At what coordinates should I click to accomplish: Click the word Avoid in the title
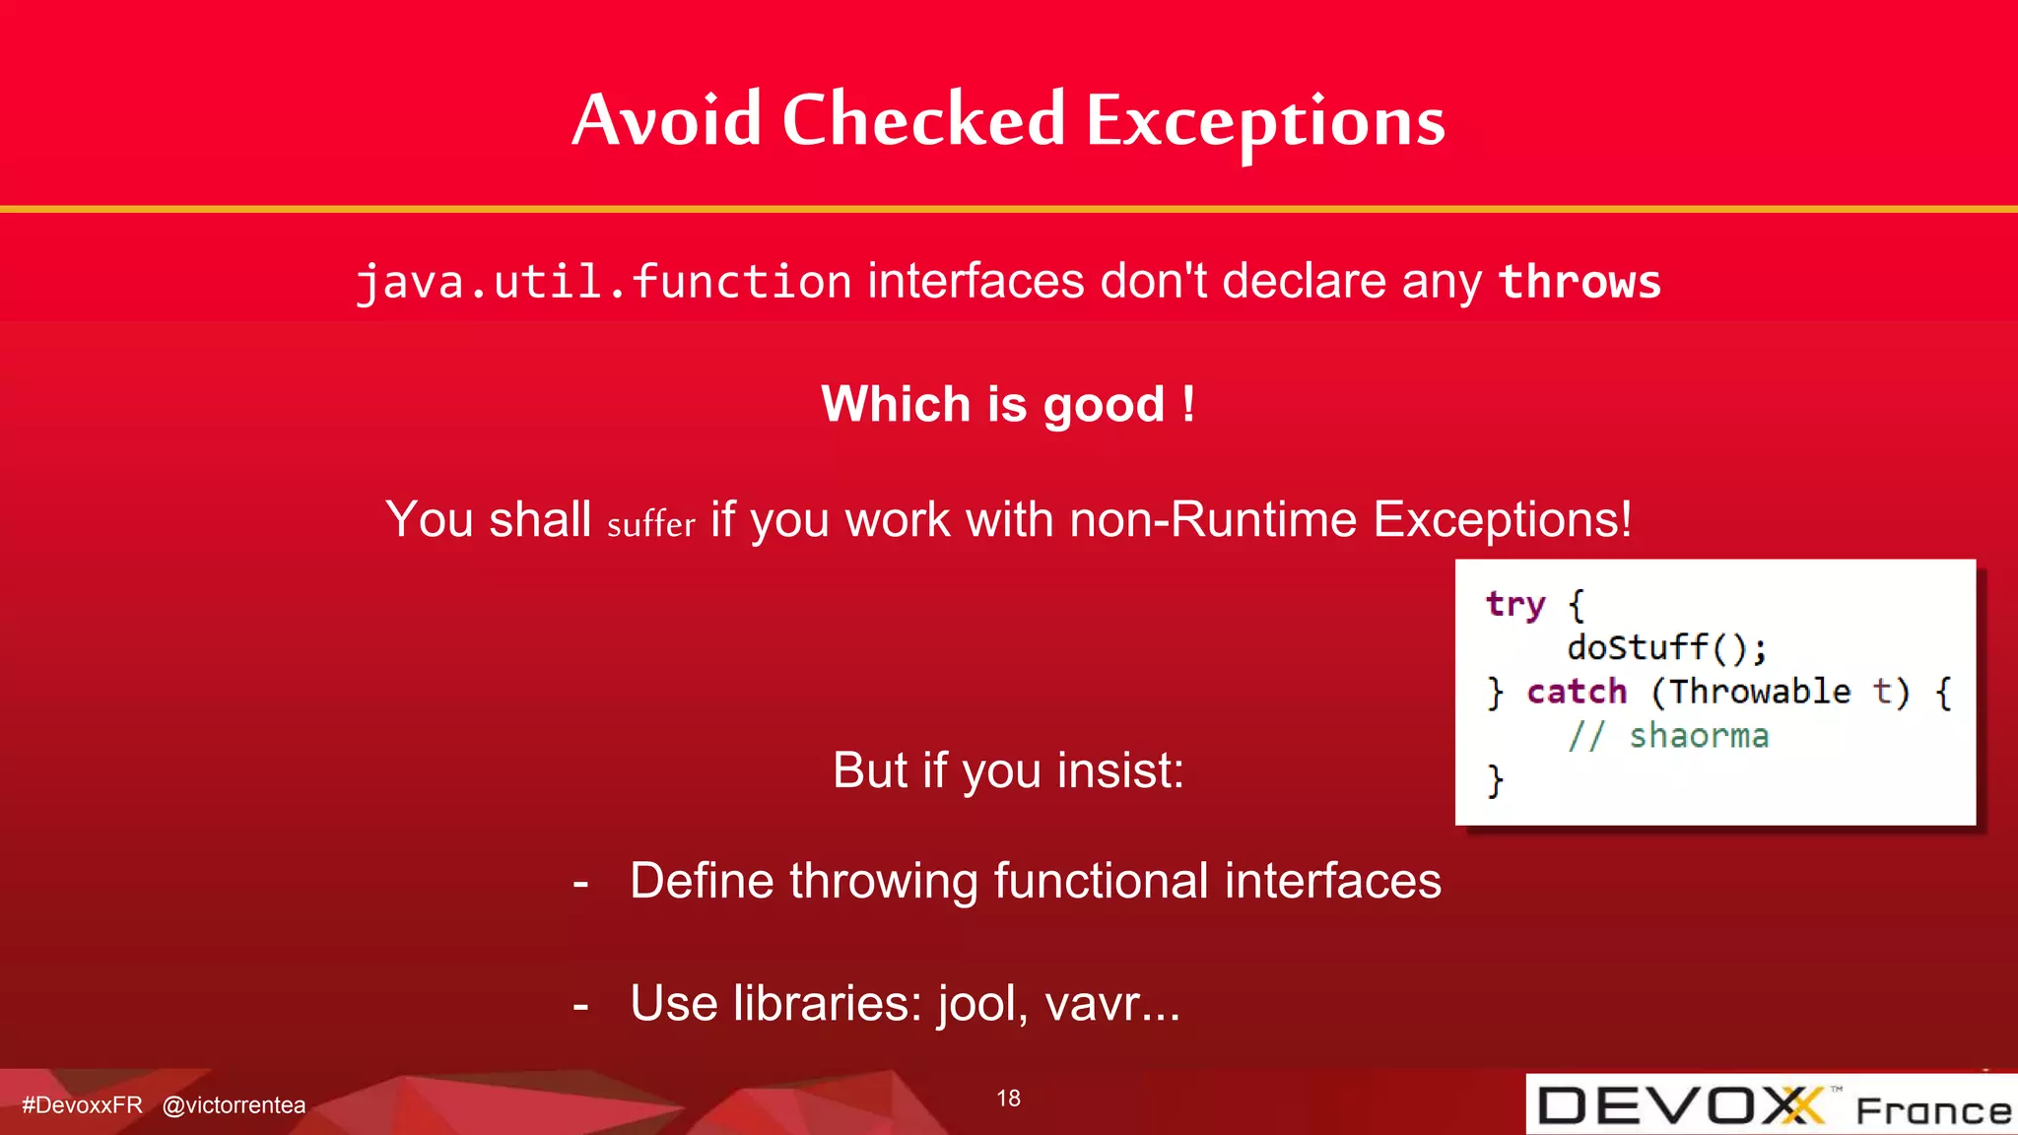[667, 120]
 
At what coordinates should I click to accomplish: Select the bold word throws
[1579, 282]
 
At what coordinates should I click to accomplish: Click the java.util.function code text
[603, 282]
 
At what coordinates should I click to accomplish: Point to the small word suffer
[650, 524]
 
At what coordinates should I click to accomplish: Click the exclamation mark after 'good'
[1188, 404]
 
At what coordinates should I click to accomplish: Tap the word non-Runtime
[1213, 519]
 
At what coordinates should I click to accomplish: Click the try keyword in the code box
[1514, 604]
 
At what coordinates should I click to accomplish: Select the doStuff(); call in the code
[1666, 647]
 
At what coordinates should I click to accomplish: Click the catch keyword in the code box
[1577, 692]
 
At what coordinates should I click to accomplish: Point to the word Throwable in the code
[1760, 692]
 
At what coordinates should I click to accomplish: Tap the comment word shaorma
[1698, 736]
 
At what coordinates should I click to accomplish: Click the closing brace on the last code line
[1495, 780]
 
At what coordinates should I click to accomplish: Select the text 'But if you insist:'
[1007, 770]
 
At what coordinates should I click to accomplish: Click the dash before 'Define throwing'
[580, 883]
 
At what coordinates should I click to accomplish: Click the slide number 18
[1008, 1099]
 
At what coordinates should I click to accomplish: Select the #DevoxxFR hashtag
[82, 1105]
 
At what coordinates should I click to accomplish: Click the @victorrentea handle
[234, 1105]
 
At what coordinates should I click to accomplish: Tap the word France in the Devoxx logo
[1932, 1111]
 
